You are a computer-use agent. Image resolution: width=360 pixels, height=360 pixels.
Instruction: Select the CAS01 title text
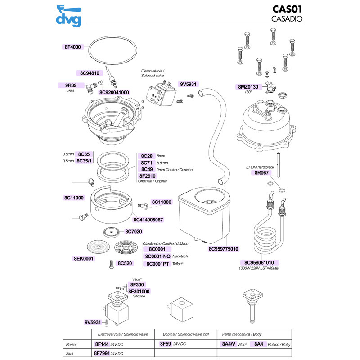288,9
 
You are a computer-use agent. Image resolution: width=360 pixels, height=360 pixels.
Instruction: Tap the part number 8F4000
72,46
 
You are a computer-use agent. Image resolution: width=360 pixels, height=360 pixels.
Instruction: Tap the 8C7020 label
133,231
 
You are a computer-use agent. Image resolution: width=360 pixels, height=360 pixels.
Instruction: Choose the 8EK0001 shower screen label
84,259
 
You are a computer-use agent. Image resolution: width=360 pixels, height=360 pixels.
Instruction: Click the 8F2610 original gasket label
147,176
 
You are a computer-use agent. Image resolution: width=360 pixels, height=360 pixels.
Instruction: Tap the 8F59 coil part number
165,344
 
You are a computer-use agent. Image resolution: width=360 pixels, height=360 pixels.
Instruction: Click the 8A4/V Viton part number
229,344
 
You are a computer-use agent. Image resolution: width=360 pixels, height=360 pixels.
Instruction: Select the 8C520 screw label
124,263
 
